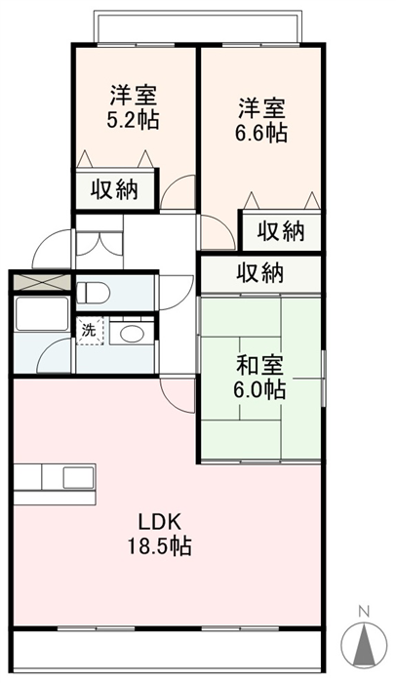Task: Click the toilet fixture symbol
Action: point(93,292)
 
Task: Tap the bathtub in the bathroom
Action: point(42,313)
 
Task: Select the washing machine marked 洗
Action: point(90,331)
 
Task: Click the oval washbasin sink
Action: point(132,334)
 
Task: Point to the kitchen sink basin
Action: point(79,478)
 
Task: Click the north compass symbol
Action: point(364,644)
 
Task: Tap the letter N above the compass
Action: point(364,611)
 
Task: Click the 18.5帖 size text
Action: point(159,545)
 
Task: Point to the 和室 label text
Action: point(260,365)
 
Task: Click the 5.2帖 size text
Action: point(133,119)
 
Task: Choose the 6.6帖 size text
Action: point(261,133)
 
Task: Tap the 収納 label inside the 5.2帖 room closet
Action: point(114,189)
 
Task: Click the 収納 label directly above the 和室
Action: point(260,272)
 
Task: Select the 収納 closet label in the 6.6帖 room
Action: point(281,231)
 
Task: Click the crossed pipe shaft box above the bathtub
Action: point(42,282)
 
